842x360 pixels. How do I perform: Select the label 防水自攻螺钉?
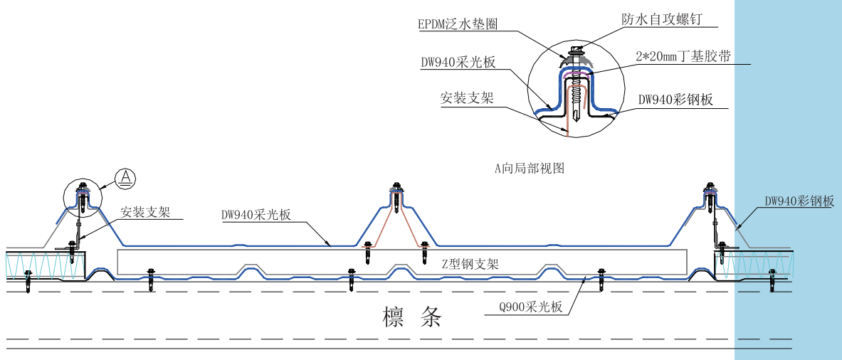[661, 19]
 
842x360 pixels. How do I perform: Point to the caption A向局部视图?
[529, 169]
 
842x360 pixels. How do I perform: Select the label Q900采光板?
[532, 307]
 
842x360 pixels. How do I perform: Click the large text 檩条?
[413, 316]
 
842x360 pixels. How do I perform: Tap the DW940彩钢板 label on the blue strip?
[799, 201]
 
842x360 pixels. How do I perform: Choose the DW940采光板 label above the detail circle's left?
[457, 62]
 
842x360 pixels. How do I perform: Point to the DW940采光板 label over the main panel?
[256, 214]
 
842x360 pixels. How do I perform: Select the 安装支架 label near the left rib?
[144, 212]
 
